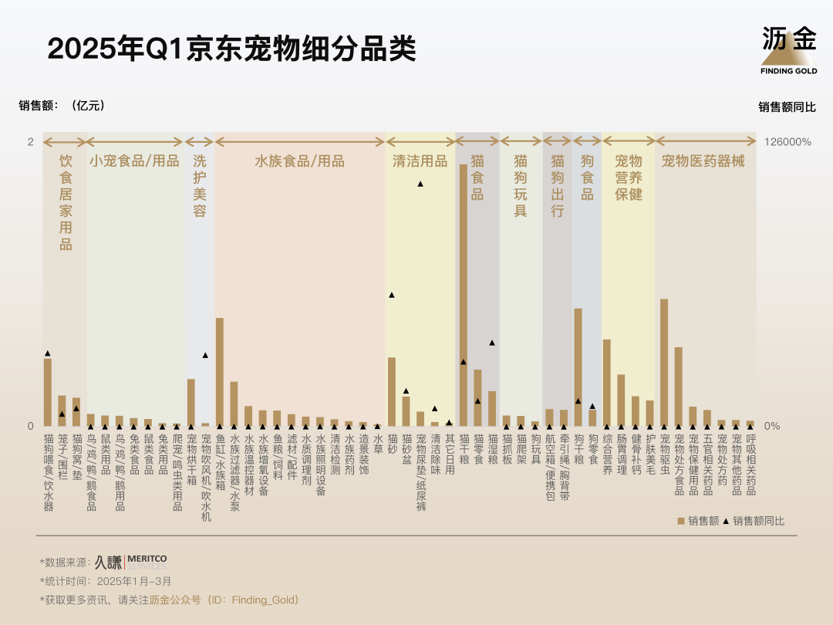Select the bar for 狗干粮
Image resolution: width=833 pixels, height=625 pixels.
click(578, 367)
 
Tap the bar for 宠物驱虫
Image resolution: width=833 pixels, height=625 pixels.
click(664, 363)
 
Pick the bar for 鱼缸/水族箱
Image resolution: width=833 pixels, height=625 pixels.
click(220, 372)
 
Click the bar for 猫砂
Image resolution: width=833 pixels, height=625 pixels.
click(392, 391)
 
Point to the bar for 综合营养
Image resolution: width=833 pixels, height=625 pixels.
click(607, 383)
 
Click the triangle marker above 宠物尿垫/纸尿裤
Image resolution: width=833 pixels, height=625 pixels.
click(420, 184)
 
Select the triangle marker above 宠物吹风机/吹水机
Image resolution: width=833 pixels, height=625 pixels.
click(205, 355)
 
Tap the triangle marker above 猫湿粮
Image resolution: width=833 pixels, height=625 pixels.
click(492, 343)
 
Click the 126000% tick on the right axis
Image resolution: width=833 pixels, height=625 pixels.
click(787, 142)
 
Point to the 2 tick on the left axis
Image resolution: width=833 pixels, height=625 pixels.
click(30, 142)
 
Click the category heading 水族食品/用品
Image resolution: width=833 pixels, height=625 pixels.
click(299, 161)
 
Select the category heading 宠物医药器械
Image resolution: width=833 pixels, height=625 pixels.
click(703, 161)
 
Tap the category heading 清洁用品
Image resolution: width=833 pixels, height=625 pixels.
click(420, 161)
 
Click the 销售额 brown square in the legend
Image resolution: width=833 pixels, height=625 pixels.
click(681, 521)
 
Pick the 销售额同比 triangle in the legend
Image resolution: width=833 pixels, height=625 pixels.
click(726, 521)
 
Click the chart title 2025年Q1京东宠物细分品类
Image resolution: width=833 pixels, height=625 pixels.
click(231, 48)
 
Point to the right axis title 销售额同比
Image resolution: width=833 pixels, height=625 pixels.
click(787, 107)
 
